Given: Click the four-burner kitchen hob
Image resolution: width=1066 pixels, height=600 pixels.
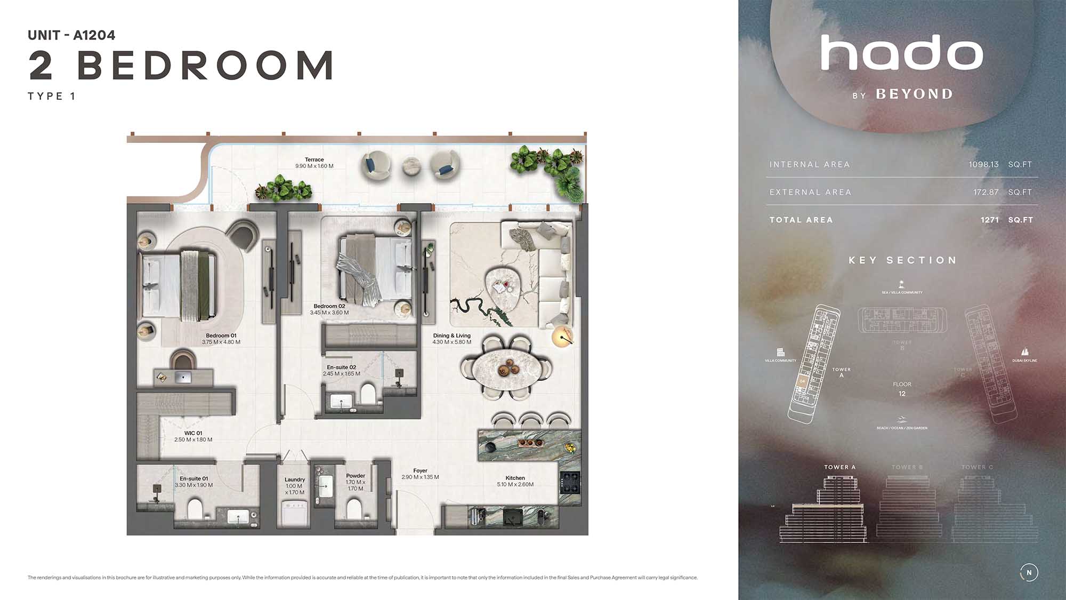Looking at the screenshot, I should pos(569,483).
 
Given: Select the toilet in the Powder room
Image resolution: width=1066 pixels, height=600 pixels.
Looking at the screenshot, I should pos(354,508).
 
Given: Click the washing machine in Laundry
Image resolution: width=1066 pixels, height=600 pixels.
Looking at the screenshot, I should pos(295,514).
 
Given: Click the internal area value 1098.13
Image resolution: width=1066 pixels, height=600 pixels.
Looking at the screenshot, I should pos(983,164).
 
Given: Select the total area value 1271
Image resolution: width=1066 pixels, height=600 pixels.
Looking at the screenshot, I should pos(989,220).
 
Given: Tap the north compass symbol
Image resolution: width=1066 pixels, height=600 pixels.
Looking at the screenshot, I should pos(1029,572).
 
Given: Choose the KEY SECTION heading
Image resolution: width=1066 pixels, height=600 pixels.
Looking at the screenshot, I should pos(902,260).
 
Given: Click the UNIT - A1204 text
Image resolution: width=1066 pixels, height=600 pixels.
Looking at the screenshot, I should pos(71,35).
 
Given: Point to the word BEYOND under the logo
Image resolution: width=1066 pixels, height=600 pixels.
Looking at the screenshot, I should pos(914,94).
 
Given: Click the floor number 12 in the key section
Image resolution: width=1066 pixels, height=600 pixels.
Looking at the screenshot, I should pos(902,394).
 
